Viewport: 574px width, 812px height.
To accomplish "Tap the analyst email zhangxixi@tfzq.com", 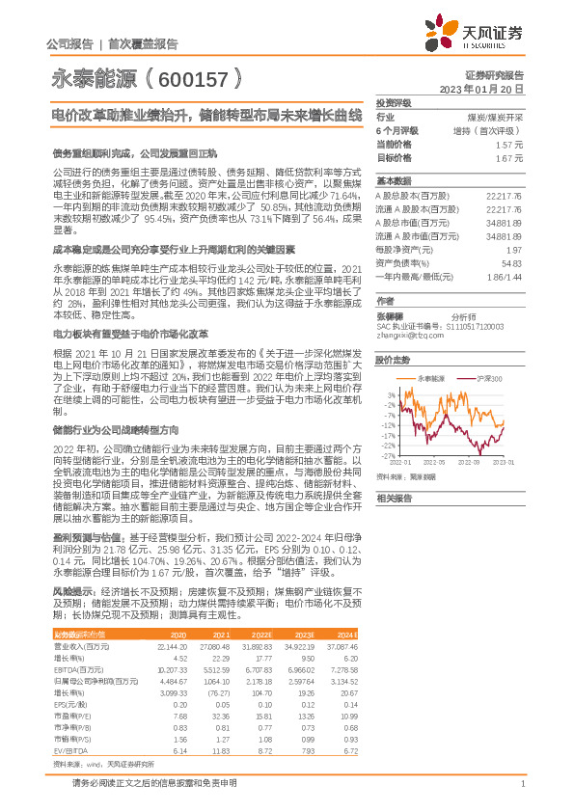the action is pos(404,335).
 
